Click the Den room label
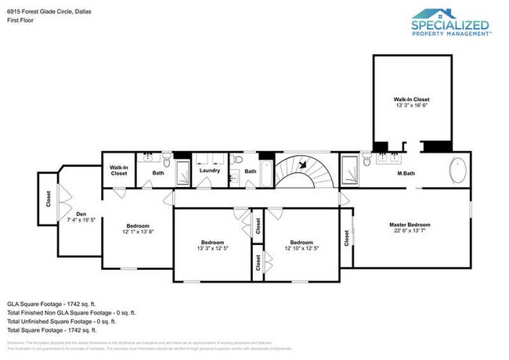[80, 214]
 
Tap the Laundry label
[209, 170]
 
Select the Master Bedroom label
[410, 225]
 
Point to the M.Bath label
[405, 172]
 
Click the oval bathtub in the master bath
[457, 169]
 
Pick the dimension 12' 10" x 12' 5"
[301, 249]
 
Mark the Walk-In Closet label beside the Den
[119, 170]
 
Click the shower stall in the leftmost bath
[182, 171]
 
